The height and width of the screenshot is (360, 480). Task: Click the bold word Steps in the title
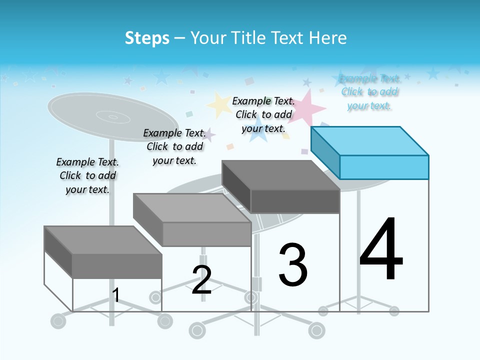(x=147, y=38)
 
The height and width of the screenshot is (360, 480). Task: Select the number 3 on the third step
(x=293, y=265)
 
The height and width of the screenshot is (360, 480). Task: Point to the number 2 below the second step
(x=201, y=279)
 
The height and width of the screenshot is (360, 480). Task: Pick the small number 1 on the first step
(x=116, y=295)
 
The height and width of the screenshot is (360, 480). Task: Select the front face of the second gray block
(x=207, y=234)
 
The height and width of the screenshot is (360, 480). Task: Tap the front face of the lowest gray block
(x=117, y=266)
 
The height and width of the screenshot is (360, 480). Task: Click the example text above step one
(x=87, y=175)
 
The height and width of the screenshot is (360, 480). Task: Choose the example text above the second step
(x=174, y=146)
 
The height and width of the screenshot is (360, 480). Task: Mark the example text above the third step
(x=263, y=114)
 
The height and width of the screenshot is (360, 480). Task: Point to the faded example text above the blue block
(x=369, y=92)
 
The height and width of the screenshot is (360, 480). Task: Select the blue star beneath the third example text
(x=258, y=131)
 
